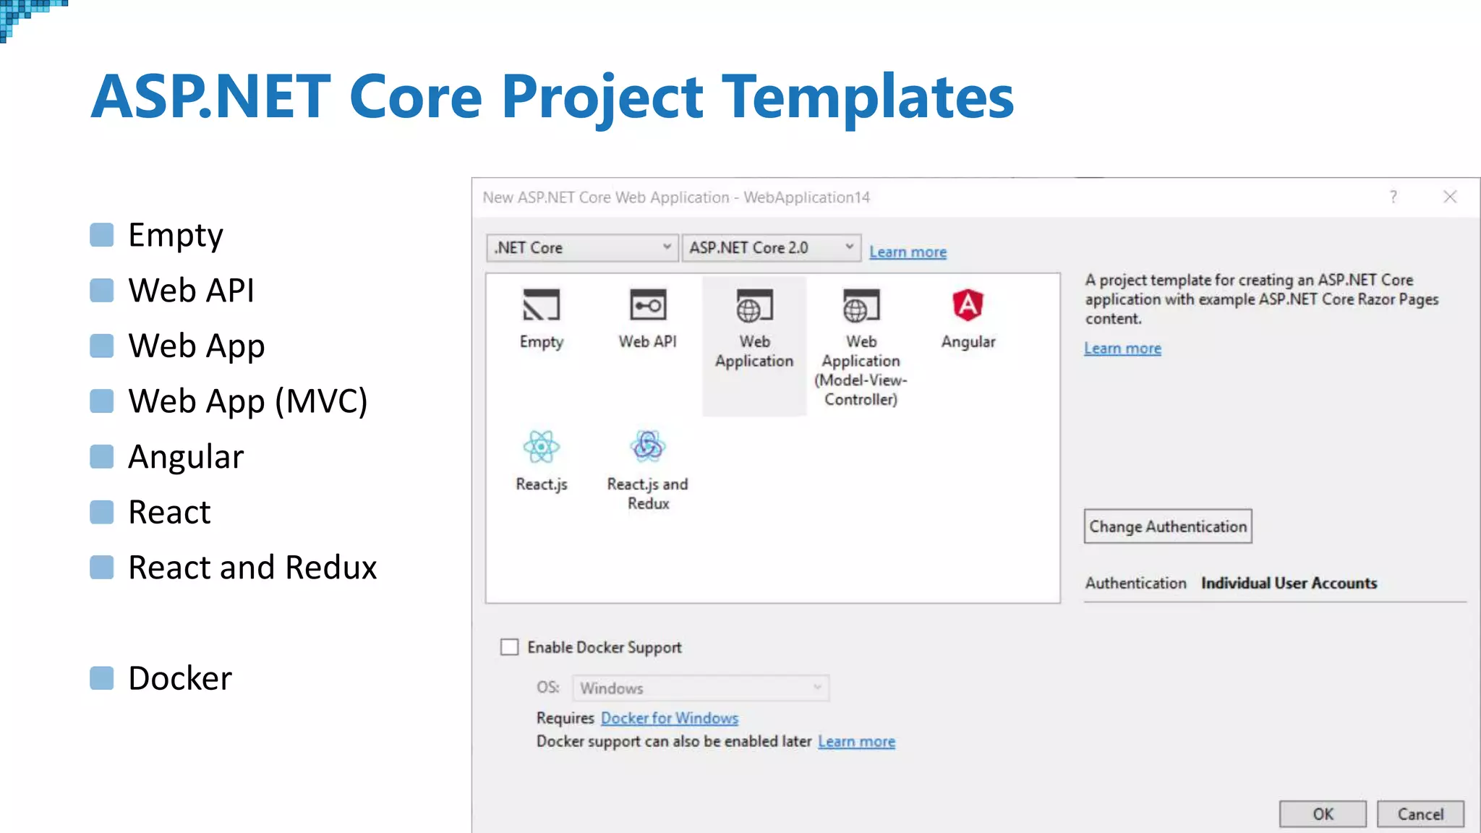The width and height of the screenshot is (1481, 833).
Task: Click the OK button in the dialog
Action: pos(1322,814)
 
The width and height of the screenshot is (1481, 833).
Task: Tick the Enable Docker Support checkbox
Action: pos(510,647)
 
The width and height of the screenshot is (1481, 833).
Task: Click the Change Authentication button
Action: pos(1167,526)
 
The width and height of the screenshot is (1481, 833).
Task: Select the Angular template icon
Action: pos(968,306)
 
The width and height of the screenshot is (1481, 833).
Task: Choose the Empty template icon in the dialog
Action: pos(541,306)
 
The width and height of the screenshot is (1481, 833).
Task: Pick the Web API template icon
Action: pos(647,306)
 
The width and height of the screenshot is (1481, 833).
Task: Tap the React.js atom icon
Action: pos(541,447)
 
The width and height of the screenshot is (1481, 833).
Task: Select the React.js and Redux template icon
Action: pos(647,447)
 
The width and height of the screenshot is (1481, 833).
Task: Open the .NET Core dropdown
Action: pos(582,248)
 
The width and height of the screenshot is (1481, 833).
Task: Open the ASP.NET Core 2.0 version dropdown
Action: pos(771,248)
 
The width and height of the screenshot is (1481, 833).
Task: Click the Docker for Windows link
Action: pos(669,718)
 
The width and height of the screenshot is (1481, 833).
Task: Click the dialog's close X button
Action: pos(1450,197)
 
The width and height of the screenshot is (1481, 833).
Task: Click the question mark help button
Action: pos(1393,197)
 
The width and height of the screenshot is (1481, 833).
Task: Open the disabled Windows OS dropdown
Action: pos(700,688)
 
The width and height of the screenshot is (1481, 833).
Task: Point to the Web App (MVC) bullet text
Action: pos(247,401)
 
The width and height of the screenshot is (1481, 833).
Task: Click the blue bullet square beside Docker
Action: pos(102,678)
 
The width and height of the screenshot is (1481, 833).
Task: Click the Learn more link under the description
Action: pos(1122,349)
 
